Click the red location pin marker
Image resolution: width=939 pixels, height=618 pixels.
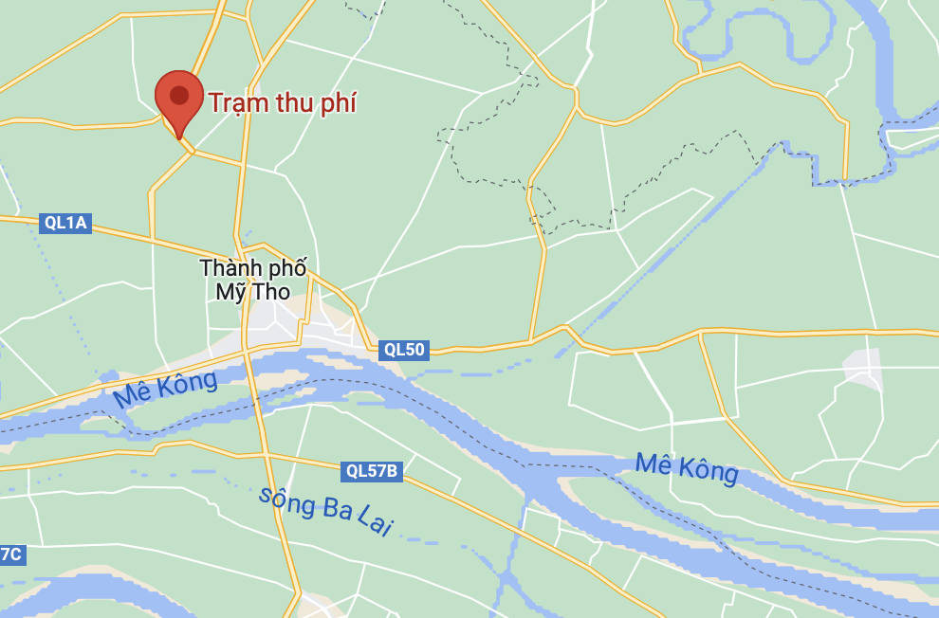179,100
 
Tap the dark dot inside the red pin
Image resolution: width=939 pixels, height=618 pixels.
179,95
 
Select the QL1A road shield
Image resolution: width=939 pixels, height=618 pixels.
65,223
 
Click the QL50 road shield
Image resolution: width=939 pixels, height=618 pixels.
404,350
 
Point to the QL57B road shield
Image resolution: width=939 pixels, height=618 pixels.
372,471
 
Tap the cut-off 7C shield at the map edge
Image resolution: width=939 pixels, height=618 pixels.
11,554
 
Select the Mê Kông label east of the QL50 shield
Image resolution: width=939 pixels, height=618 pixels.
686,467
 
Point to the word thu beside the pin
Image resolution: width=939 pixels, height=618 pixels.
289,102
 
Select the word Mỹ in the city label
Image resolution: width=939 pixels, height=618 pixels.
230,292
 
